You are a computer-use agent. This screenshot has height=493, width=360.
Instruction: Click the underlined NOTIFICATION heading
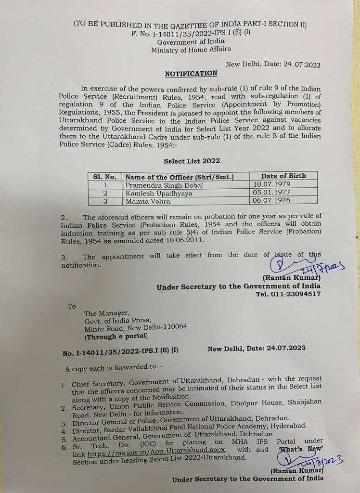[191, 74]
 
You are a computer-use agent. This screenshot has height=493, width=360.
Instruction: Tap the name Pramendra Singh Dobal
[164, 185]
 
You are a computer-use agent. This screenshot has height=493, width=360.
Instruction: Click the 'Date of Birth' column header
[283, 176]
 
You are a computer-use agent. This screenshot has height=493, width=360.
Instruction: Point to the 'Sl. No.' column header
[104, 177]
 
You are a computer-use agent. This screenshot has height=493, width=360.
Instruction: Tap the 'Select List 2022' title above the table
[192, 161]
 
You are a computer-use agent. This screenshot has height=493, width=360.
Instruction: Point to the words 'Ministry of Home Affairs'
[191, 49]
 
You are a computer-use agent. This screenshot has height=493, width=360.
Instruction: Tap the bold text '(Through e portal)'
[116, 336]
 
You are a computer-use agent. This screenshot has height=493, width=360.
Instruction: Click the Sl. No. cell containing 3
[104, 201]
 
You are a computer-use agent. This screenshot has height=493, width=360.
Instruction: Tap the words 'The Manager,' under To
[107, 313]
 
